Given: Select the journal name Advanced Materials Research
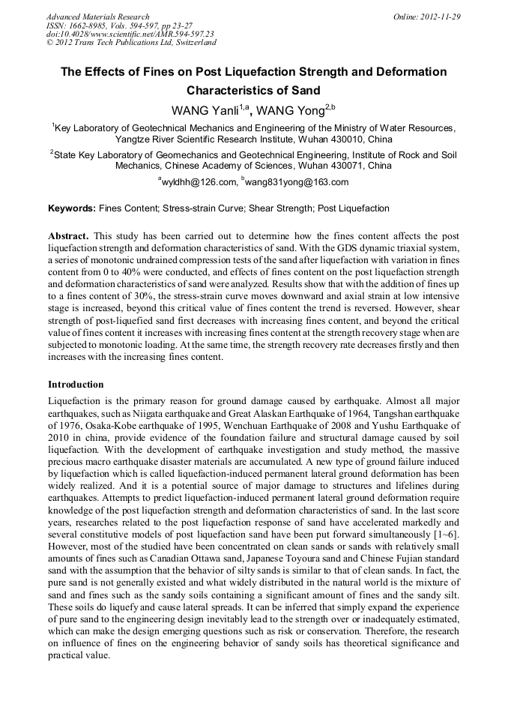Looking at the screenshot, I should pyautogui.click(x=97, y=16).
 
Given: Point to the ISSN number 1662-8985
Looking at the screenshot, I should pyautogui.click(x=85, y=25).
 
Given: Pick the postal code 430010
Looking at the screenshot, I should pyautogui.click(x=339, y=139).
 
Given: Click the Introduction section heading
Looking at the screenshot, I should pyautogui.click(x=76, y=385).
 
